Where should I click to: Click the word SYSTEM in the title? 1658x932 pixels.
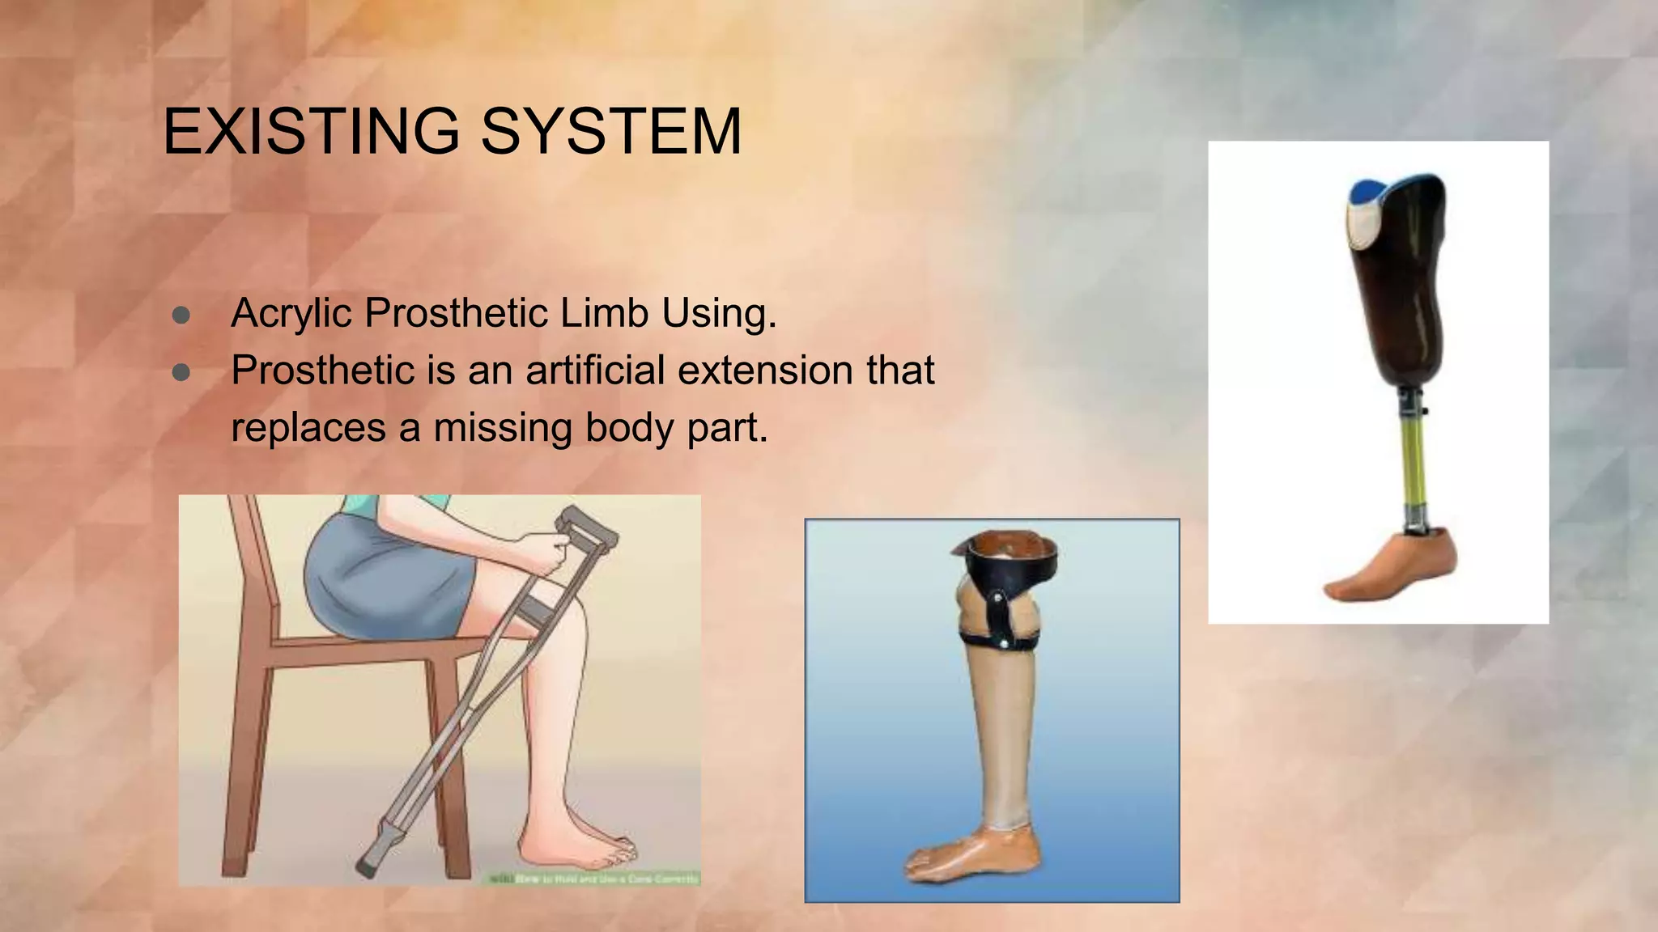click(x=611, y=131)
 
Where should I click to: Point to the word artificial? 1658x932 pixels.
click(x=597, y=371)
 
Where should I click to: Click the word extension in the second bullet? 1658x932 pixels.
click(x=765, y=371)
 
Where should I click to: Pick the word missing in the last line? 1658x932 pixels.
click(x=503, y=427)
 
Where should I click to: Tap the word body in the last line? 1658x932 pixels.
click(x=630, y=429)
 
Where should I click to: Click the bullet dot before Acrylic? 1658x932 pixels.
click(x=181, y=316)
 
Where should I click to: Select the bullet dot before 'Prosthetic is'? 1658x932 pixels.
click(x=181, y=372)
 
